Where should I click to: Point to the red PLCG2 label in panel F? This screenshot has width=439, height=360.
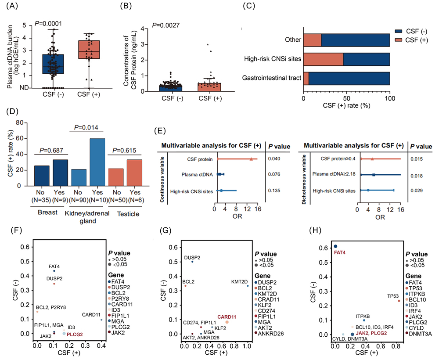[x=75, y=334]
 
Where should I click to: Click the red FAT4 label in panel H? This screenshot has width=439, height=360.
[x=340, y=253]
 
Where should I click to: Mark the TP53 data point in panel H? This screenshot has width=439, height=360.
[x=399, y=301]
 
